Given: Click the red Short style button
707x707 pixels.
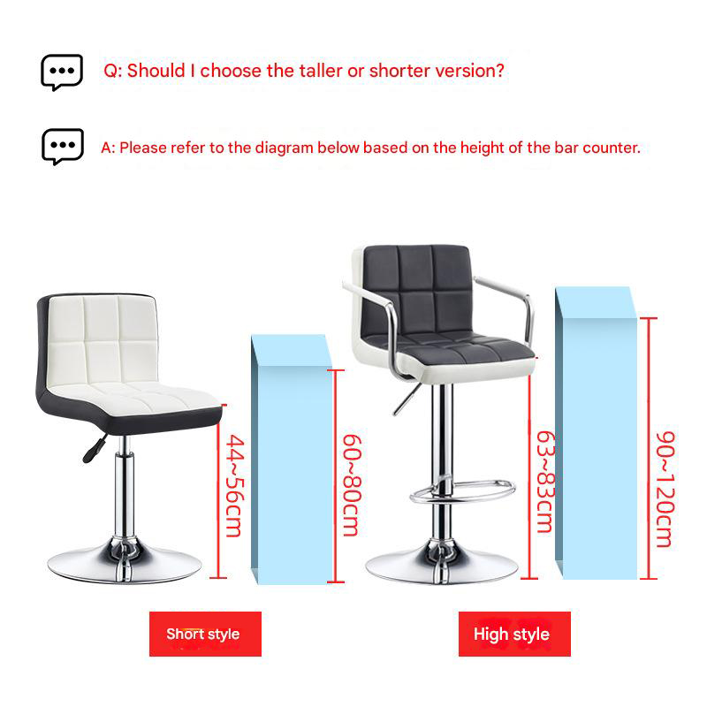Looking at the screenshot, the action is tap(205, 634).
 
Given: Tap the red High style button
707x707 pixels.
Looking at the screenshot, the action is tap(514, 634).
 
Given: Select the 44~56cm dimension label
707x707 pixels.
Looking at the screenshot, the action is tap(235, 485).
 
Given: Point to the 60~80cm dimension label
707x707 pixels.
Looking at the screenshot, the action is tap(352, 485).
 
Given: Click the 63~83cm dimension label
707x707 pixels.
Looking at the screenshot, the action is tap(544, 482).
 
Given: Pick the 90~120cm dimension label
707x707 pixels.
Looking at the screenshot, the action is tap(665, 490).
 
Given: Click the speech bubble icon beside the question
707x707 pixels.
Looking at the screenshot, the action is tap(62, 72).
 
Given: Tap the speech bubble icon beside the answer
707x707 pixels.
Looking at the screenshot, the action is tap(63, 147).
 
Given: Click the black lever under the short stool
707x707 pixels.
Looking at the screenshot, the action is tap(95, 449).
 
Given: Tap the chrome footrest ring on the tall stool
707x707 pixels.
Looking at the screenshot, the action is tap(462, 491).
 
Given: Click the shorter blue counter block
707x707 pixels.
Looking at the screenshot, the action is tap(292, 460).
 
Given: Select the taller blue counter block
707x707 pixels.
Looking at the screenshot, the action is tap(596, 433).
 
